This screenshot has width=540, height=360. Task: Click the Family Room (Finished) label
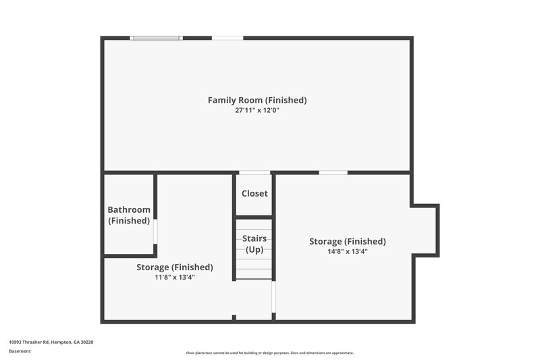[257, 100]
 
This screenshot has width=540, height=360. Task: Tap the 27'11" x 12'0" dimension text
[257, 110]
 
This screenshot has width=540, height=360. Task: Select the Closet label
[254, 193]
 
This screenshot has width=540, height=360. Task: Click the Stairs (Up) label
[254, 244]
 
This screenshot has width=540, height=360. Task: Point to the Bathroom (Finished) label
[129, 215]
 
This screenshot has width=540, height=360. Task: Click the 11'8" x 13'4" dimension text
[175, 277]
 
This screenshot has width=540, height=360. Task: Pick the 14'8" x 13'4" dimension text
[348, 251]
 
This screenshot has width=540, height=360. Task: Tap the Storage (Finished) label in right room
[348, 241]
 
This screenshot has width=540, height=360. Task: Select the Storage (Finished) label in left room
[175, 267]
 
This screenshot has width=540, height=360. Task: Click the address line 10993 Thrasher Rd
[51, 342]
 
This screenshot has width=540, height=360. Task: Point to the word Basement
[20, 351]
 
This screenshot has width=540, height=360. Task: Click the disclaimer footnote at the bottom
[270, 353]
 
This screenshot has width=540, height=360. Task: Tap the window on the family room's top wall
[157, 38]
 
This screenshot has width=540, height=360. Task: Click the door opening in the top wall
[227, 38]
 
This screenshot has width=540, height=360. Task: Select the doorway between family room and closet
[254, 173]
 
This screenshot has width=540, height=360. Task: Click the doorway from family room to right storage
[333, 173]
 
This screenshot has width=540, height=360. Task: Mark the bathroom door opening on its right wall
[155, 230]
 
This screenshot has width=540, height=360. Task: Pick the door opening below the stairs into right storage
[273, 297]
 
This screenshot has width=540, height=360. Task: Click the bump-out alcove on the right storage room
[425, 230]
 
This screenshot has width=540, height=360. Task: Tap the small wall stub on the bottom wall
[234, 317]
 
